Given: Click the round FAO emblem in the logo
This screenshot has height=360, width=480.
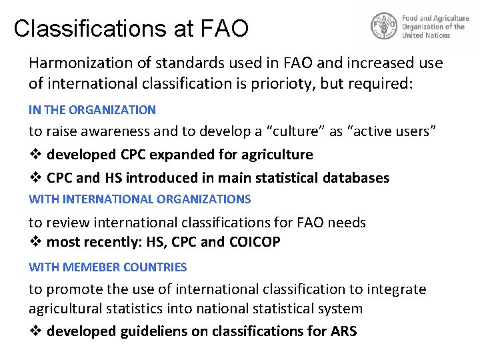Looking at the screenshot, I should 383,27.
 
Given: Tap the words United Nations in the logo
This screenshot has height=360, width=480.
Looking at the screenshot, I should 426,35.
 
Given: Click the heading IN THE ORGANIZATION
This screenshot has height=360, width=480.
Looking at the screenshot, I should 92,110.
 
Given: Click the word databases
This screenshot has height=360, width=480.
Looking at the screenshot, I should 356,178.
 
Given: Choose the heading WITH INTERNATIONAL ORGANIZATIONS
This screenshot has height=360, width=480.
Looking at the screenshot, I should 140,199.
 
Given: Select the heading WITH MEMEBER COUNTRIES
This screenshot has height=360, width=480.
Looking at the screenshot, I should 107,267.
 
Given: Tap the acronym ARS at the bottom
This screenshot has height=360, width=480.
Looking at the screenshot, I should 343,331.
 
